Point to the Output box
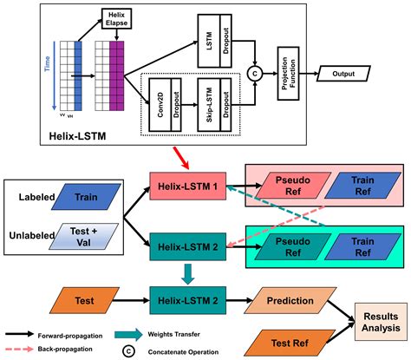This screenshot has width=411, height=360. (x=347, y=75)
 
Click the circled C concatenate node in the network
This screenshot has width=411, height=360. (x=255, y=75)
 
